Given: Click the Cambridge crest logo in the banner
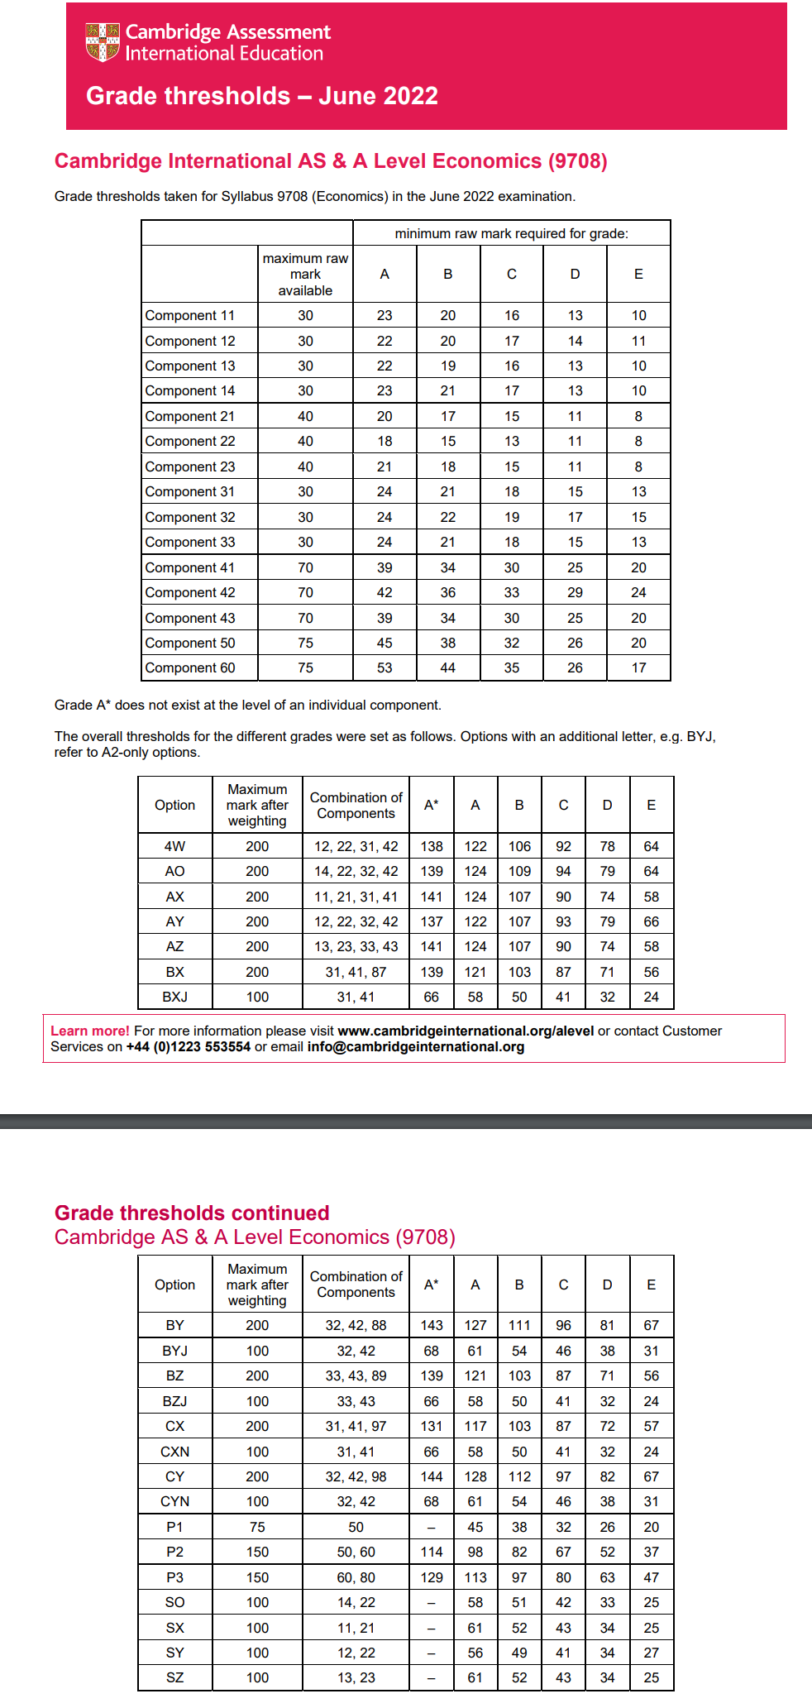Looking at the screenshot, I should tap(103, 42).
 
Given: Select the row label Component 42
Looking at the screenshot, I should tap(190, 592).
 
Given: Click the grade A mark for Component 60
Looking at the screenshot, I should tap(385, 667).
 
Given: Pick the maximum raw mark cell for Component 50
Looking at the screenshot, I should tap(305, 643).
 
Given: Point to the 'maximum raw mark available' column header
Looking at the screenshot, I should tap(305, 275).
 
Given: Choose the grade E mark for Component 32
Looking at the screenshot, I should tap(638, 517).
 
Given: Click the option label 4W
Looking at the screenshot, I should tap(174, 846).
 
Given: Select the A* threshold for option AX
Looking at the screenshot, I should tap(432, 897).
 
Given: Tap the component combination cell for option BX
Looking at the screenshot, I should tap(356, 972).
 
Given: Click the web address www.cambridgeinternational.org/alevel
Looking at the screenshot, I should tap(466, 1031).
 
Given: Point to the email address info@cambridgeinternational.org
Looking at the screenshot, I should tap(416, 1046).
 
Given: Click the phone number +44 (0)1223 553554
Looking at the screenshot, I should tap(188, 1046).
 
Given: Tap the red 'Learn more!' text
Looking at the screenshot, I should tap(90, 1031).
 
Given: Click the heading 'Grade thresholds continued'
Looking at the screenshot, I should tap(192, 1213).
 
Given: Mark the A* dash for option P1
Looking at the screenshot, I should tap(432, 1527).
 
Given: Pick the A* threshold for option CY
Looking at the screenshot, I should tap(432, 1476).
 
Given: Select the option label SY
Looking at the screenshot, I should tap(174, 1653).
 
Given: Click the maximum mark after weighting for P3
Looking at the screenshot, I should tap(257, 1577).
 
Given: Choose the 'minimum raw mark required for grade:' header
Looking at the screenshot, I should tap(511, 233).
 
